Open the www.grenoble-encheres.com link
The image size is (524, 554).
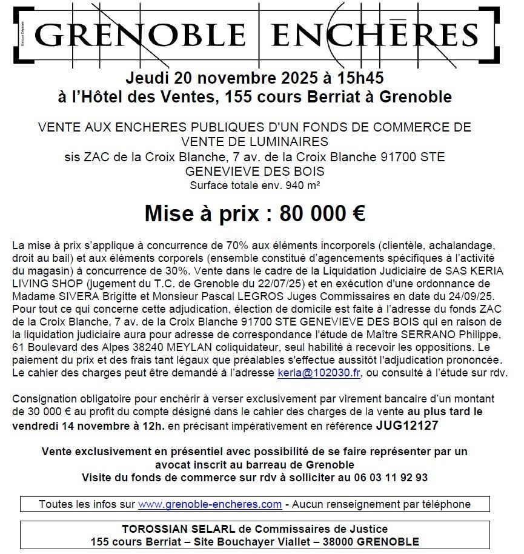[x=210, y=504]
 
